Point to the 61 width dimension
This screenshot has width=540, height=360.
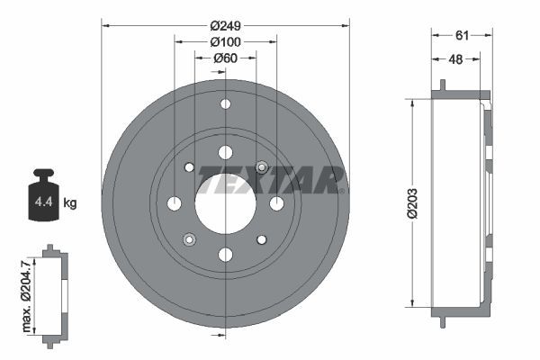(x=461, y=35)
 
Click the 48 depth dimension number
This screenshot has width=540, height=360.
(x=455, y=60)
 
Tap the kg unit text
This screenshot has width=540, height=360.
(x=70, y=203)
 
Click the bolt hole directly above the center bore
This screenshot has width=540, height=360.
(x=224, y=152)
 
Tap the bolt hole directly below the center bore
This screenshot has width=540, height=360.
(x=224, y=255)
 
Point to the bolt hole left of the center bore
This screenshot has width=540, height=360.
(x=175, y=203)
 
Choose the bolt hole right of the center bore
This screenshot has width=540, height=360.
(x=276, y=203)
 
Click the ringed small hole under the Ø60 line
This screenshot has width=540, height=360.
(x=261, y=167)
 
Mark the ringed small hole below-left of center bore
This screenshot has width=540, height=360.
(x=189, y=238)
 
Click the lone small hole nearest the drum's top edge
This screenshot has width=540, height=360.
(x=224, y=104)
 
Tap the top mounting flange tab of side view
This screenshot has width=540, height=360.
(x=442, y=86)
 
